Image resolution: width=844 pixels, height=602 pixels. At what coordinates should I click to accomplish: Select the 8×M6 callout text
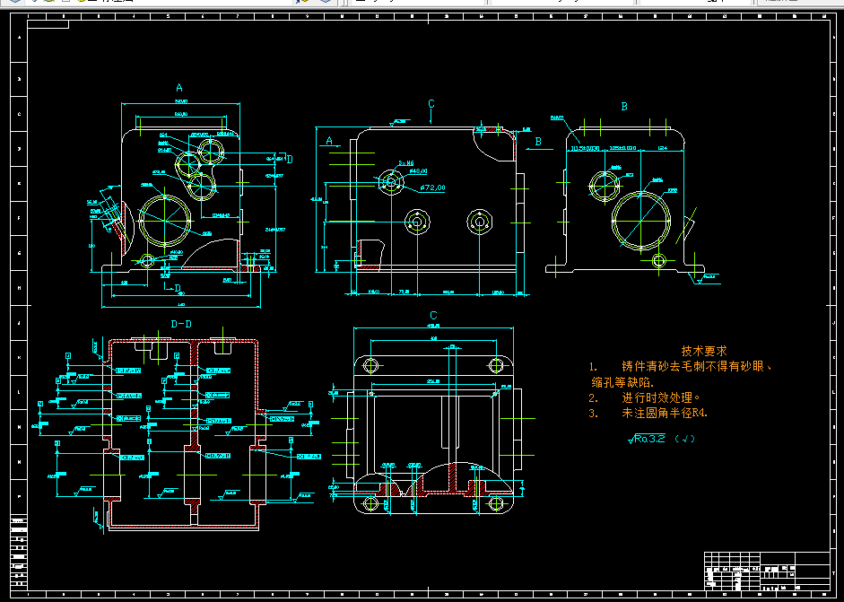click(x=405, y=162)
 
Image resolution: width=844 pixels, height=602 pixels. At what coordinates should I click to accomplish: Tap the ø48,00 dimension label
click(x=418, y=170)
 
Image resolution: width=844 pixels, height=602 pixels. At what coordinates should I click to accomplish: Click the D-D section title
click(x=181, y=323)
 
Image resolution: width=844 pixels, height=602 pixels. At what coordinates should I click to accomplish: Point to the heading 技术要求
click(x=704, y=351)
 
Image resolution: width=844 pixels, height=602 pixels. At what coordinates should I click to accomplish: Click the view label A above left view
click(x=179, y=88)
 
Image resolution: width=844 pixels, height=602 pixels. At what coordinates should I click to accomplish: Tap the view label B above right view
click(x=624, y=106)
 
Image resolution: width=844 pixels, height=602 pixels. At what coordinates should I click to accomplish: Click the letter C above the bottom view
click(x=433, y=315)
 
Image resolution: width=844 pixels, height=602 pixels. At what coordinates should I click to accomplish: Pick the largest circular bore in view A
click(x=166, y=220)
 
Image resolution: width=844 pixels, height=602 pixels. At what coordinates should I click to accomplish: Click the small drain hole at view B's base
click(x=659, y=260)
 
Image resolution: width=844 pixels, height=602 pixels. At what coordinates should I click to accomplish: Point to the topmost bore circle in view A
click(x=215, y=147)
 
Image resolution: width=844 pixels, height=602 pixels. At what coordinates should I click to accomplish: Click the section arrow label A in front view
click(x=329, y=141)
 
